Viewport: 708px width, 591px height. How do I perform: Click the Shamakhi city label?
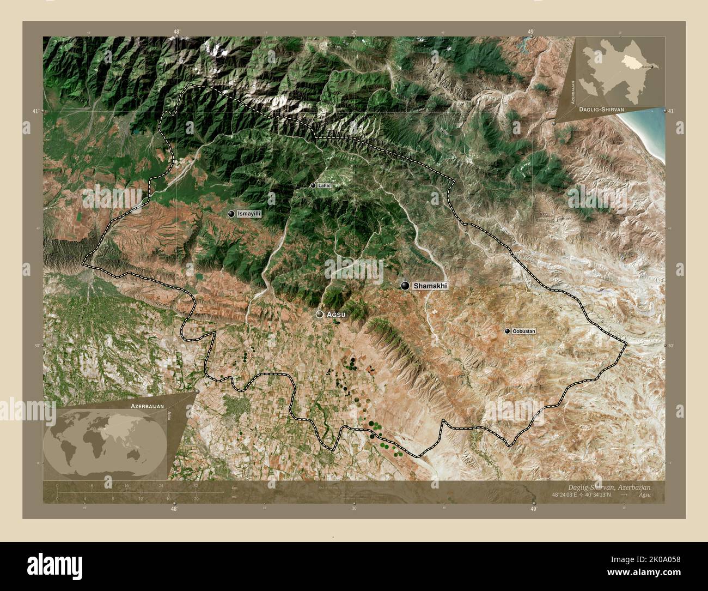tap(430, 286)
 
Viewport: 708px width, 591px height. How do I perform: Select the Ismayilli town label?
tap(249, 214)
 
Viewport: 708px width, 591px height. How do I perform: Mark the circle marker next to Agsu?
tap(320, 315)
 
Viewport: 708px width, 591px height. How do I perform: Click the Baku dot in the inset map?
tap(652, 67)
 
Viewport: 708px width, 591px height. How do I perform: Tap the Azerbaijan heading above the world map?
tap(147, 407)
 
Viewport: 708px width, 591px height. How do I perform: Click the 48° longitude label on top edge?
tap(176, 32)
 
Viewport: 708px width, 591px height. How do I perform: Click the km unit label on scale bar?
tap(234, 487)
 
